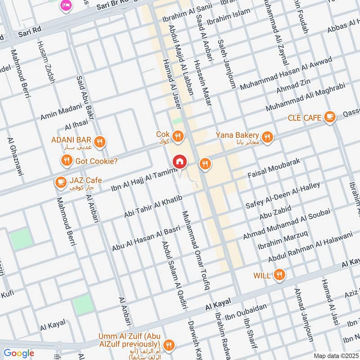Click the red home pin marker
coord(180,161)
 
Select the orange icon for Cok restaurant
coord(179,135)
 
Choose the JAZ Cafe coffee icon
coord(59,182)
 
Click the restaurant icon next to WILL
coord(280,274)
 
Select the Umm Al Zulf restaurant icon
coord(169,345)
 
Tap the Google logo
coord(19,353)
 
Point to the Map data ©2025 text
coord(335,355)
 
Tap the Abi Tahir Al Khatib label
coord(153,207)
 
